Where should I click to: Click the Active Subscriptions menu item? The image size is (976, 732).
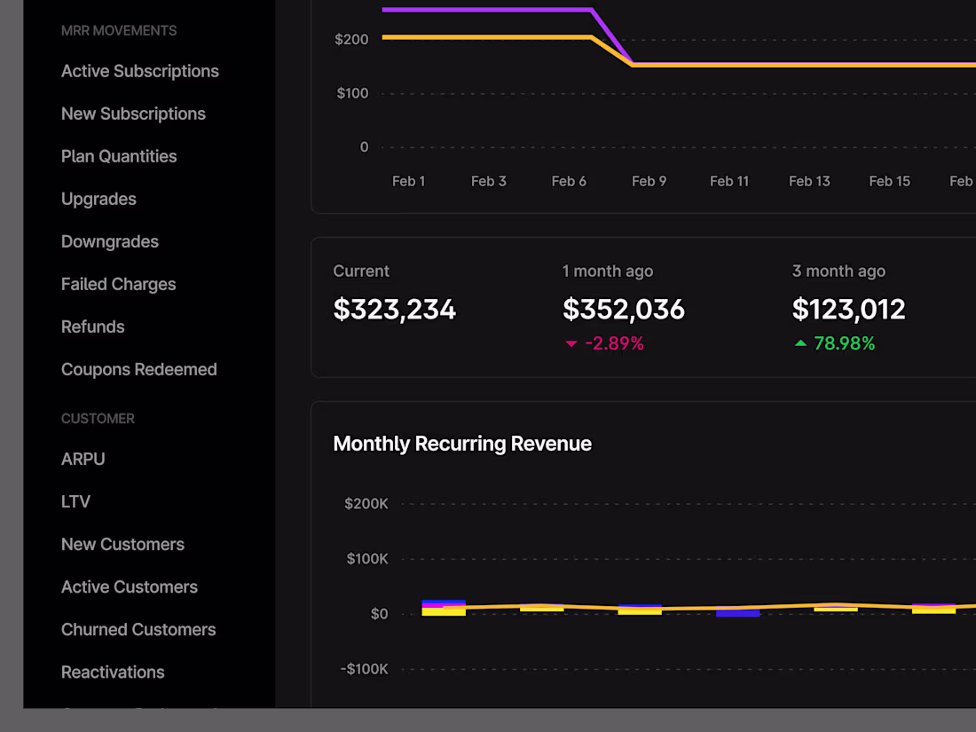pos(139,71)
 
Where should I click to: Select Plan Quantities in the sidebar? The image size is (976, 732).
pos(119,156)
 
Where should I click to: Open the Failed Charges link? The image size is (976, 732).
pos(118,284)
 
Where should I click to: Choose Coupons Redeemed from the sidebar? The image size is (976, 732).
pos(138,369)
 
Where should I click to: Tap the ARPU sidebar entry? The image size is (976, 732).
pos(83,459)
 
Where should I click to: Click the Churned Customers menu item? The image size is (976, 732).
pos(138,629)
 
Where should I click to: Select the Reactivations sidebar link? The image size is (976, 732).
pos(113,672)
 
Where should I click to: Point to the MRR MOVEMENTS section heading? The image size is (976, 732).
pos(119,30)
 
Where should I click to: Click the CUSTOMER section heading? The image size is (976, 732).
pos(98,418)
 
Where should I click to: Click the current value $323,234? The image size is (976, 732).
pos(394,309)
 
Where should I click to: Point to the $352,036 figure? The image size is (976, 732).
pos(624,309)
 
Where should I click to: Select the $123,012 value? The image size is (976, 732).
pos(848,309)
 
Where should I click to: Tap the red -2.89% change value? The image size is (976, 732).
pos(614,343)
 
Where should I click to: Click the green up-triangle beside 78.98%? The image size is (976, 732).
pos(800,343)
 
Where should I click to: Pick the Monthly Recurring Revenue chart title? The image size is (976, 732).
pos(462,444)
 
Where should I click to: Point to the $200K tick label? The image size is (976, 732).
pos(366,504)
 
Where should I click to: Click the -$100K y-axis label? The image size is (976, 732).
pos(364,669)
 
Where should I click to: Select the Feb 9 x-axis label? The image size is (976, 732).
pos(649,181)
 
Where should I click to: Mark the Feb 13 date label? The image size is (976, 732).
pos(809,181)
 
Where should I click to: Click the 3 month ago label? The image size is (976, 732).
pos(838,272)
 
